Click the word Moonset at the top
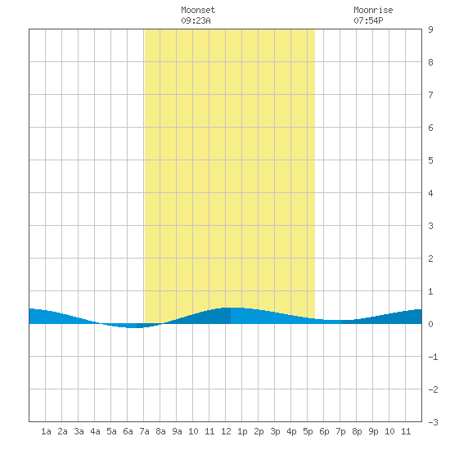[198, 10]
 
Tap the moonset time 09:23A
[196, 20]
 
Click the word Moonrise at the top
[373, 10]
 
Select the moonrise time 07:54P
[368, 20]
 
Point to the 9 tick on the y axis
[430, 29]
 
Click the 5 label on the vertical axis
[430, 160]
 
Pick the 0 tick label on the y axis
[430, 324]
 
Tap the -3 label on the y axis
[433, 422]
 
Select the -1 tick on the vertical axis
[433, 357]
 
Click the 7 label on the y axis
[430, 95]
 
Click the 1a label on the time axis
[46, 431]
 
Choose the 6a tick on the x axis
[128, 431]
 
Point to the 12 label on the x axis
[226, 431]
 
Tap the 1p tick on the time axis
[242, 431]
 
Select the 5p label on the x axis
[308, 431]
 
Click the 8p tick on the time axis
[357, 431]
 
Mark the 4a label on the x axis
[95, 431]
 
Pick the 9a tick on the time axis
[177, 431]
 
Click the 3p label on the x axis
[275, 431]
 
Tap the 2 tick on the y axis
[430, 259]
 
